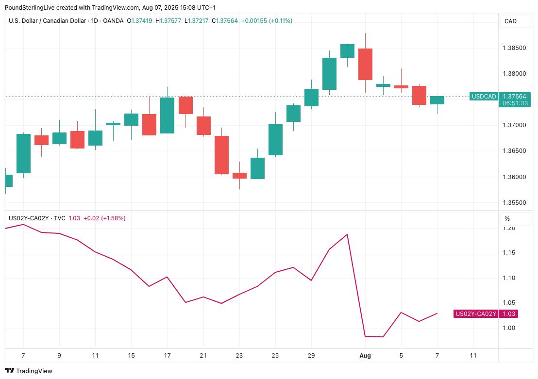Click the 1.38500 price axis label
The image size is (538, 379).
pos(515,48)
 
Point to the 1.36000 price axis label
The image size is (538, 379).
pos(515,177)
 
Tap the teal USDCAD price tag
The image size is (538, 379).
pos(484,97)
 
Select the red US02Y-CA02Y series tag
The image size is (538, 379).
pos(476,314)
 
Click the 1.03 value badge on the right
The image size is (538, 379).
pos(509,314)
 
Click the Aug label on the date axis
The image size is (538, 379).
pos(365,356)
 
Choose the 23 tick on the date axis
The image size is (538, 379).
pos(239,356)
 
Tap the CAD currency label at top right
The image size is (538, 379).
pos(510,21)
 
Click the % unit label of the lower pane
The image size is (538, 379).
pos(507,219)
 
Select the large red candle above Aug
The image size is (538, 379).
pos(365,64)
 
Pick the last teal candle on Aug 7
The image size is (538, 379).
pos(437,100)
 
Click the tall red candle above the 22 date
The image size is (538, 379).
pos(221,155)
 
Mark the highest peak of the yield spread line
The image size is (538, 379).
pos(347,234)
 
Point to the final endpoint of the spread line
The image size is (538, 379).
pos(437,313)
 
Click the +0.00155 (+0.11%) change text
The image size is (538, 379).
pos(267,21)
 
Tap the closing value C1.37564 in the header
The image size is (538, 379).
pos(225,21)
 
